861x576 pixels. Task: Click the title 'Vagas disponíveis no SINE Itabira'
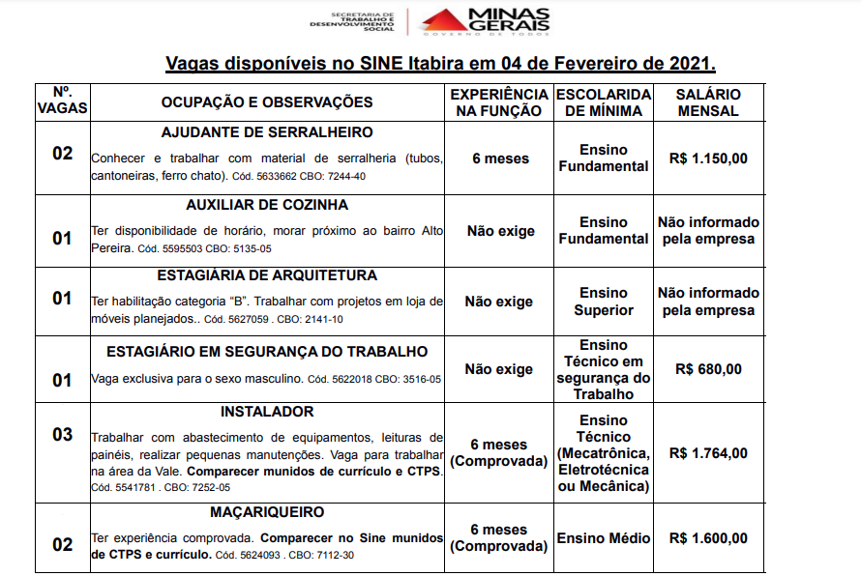tap(440, 65)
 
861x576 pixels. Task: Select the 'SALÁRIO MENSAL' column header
tap(708, 102)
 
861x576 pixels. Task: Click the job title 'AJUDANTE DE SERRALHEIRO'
tap(267, 132)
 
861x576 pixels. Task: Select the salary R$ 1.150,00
tap(708, 158)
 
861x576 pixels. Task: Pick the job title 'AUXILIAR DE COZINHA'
tap(267, 205)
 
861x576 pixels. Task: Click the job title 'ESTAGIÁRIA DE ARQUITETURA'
tap(267, 275)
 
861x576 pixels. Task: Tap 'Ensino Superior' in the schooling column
tap(604, 302)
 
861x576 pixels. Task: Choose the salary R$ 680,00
tap(708, 369)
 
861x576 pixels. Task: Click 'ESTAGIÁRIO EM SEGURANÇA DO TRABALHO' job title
tap(267, 352)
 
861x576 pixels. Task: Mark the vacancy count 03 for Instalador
tap(62, 435)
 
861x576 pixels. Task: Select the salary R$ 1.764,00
tap(708, 453)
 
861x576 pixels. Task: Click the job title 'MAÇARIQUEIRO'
tap(267, 512)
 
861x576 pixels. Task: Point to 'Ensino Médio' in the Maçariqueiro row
tap(604, 538)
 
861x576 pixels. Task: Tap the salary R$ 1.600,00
tap(708, 538)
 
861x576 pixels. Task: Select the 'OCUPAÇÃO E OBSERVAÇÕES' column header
tap(267, 102)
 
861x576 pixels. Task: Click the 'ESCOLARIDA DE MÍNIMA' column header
tap(604, 102)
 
